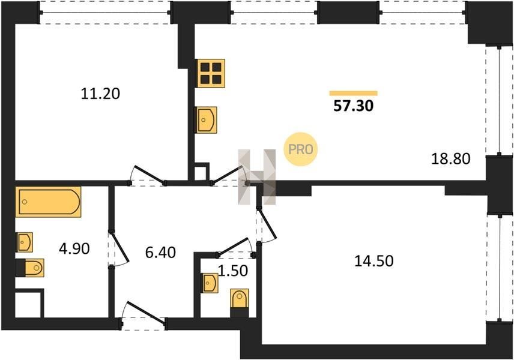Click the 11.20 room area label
click(100, 94)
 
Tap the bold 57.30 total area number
click(353, 106)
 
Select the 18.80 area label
click(451, 159)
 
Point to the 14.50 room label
click(374, 262)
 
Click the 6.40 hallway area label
click(161, 253)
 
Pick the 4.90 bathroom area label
click(74, 249)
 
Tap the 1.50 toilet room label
click(233, 271)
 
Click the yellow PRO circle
click(301, 149)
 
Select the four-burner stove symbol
click(210, 73)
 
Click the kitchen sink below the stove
click(206, 120)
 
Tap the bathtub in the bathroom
click(48, 202)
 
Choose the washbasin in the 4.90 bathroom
click(24, 242)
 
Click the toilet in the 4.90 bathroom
click(30, 268)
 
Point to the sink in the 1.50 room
click(210, 283)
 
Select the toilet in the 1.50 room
click(240, 302)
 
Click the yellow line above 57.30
click(353, 94)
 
